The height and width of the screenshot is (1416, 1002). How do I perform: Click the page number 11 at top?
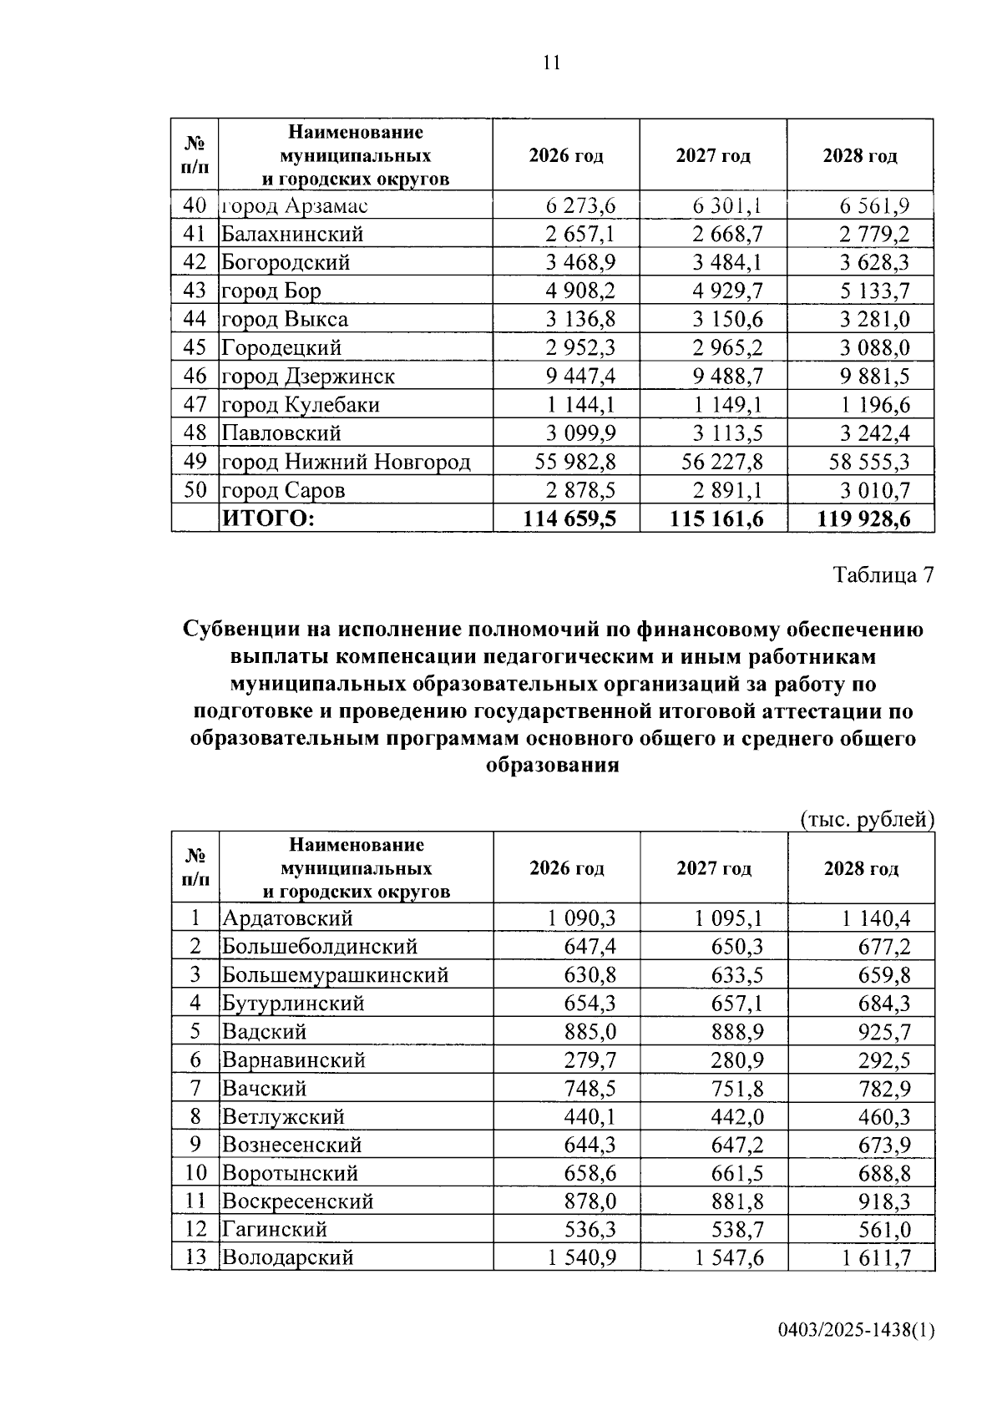(551, 63)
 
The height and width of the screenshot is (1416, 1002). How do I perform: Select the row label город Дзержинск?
(307, 377)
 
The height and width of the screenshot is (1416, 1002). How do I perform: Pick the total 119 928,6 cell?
(864, 519)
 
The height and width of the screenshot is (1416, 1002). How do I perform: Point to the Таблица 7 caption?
(883, 575)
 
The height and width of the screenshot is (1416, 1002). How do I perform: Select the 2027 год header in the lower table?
(714, 868)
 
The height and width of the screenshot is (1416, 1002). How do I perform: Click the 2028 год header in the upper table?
(860, 156)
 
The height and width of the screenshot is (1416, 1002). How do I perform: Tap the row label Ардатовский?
(287, 918)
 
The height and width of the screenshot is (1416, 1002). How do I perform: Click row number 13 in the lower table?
(195, 1257)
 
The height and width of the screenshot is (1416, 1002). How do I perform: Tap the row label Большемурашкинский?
(335, 975)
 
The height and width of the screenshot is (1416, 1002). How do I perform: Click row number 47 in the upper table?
(195, 405)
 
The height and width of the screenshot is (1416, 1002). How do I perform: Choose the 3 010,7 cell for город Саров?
(874, 490)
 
